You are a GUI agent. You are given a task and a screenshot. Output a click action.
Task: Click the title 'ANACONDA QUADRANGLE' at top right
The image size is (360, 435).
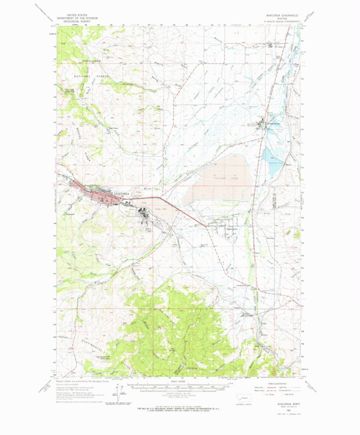tap(279, 15)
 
